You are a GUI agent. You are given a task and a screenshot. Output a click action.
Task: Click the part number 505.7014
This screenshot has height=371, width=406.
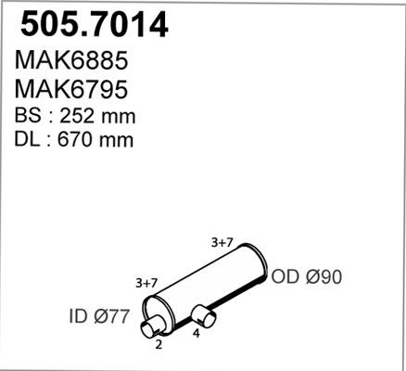(95, 25)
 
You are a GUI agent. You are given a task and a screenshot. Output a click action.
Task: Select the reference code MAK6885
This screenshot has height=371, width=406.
(71, 60)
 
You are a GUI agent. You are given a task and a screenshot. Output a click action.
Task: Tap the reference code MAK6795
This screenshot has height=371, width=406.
(71, 89)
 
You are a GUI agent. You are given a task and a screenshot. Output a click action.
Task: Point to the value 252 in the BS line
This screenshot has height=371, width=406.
(77, 116)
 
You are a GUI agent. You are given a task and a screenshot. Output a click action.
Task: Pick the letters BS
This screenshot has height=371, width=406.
(28, 116)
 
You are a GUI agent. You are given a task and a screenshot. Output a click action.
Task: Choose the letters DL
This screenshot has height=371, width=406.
(27, 140)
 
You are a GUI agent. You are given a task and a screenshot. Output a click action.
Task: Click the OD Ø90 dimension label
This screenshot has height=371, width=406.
(307, 276)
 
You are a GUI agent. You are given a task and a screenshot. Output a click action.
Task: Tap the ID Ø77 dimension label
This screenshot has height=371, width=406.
(98, 316)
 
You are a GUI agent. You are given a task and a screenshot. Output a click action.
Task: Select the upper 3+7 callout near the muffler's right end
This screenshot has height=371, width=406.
(222, 243)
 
